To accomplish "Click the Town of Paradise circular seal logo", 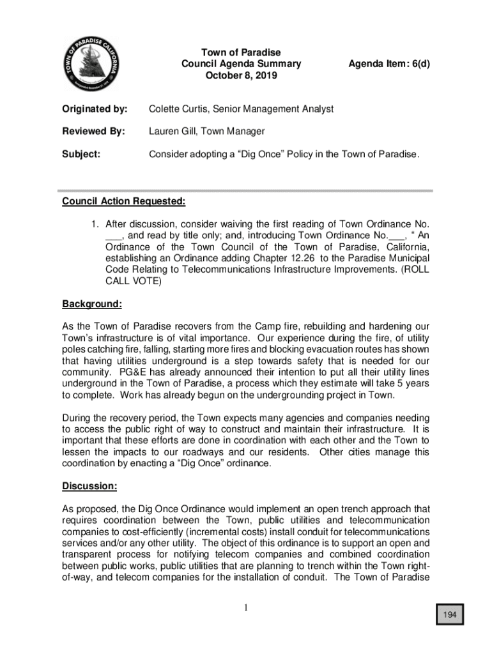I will (x=93, y=63).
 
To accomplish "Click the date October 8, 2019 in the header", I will (x=241, y=76).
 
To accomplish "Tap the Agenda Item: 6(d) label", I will (x=388, y=64).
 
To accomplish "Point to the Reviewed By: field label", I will (x=93, y=132).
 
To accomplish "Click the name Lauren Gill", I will (x=173, y=132).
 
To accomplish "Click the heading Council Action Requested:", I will (x=124, y=202).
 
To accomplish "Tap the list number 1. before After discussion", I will (x=94, y=224).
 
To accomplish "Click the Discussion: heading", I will (x=89, y=487).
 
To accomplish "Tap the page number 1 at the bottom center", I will (x=245, y=607).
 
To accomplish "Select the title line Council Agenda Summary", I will (x=241, y=64).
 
